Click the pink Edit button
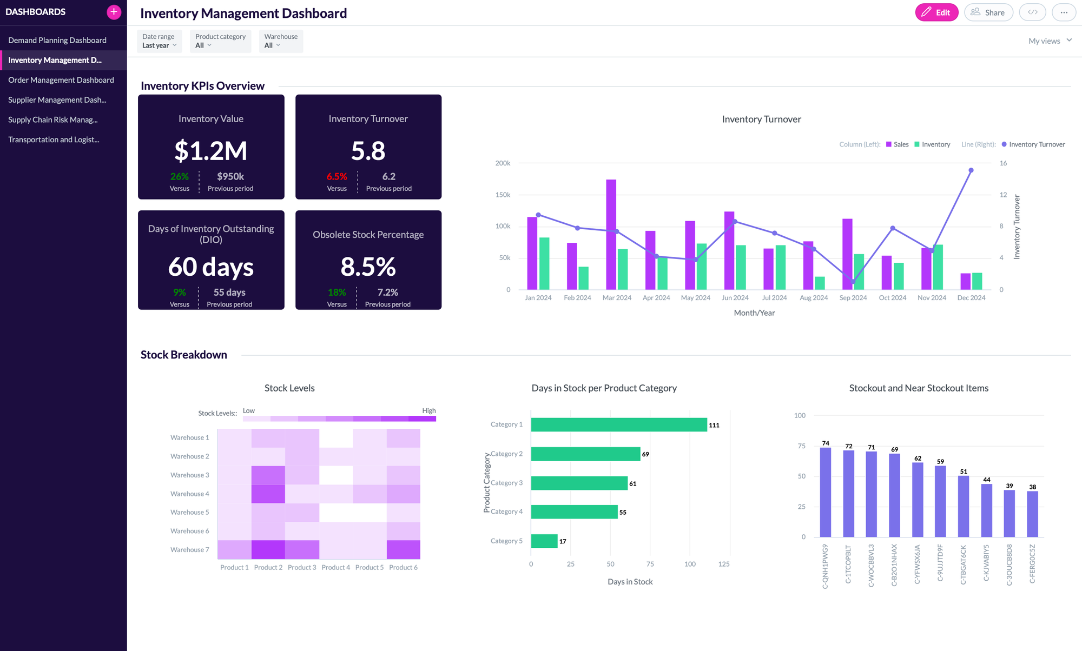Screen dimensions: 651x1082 pos(936,12)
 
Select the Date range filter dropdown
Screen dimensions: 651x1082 pos(159,41)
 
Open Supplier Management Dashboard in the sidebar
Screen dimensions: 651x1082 pos(57,100)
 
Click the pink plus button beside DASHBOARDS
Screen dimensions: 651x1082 pos(114,12)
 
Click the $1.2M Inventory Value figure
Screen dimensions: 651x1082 pos(210,151)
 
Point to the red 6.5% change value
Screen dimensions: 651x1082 pos(337,177)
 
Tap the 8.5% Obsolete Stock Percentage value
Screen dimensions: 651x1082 pos(368,267)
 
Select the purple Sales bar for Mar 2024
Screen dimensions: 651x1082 pos(611,235)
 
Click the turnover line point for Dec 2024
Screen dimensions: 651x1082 pos(971,170)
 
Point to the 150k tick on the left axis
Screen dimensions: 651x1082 pos(503,195)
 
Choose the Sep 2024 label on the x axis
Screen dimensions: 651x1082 pos(853,298)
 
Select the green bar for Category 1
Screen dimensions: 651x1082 pos(618,425)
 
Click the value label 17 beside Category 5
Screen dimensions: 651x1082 pos(563,541)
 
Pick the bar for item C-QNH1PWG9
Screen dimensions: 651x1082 pos(825,492)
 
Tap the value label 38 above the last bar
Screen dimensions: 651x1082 pos(1032,487)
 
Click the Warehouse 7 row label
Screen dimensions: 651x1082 pos(189,550)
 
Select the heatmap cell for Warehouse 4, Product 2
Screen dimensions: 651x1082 pos(268,494)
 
